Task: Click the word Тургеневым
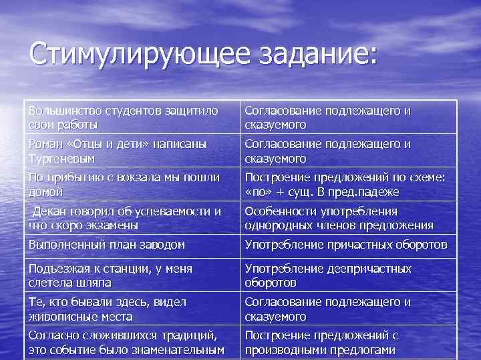[61, 159]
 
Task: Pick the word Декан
[49, 211]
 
